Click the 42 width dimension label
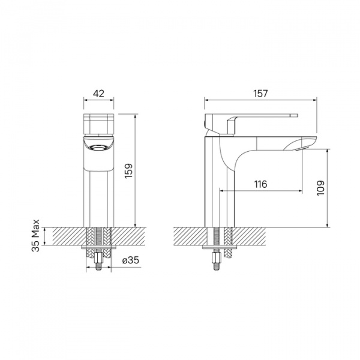pos(98,94)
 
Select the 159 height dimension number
pos(128,170)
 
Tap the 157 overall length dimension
pos(260,94)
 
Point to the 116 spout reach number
pos(261,184)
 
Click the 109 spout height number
pos(321,188)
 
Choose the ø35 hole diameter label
pos(131,260)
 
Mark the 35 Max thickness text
pos(35,236)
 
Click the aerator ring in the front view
pos(99,147)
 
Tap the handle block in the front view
pos(99,124)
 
